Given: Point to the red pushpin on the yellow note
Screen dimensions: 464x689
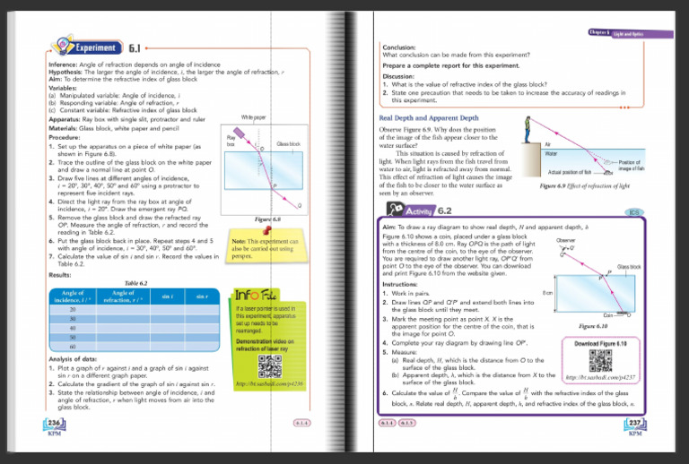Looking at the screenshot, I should pyautogui.click(x=283, y=233).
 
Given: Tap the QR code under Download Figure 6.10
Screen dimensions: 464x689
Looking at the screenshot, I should pyautogui.click(x=600, y=360).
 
